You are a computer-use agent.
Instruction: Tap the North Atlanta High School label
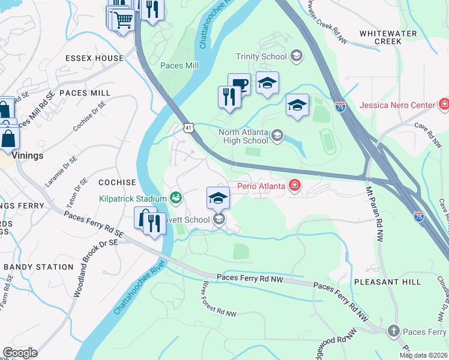(x=243, y=136)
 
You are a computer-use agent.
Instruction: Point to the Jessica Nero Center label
(x=397, y=105)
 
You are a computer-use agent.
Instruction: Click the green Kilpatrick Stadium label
(x=133, y=198)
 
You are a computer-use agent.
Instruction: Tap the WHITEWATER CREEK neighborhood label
(x=379, y=37)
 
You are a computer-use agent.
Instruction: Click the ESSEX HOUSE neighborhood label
(x=94, y=59)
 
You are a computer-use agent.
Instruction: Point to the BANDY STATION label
(x=38, y=267)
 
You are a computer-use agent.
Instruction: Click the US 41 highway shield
(x=188, y=128)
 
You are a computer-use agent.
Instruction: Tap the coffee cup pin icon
(x=239, y=84)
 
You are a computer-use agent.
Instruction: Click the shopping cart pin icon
(x=123, y=20)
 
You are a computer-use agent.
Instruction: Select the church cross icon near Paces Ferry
(x=393, y=331)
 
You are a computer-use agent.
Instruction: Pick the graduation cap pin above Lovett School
(x=218, y=197)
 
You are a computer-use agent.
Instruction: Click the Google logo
(x=20, y=353)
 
